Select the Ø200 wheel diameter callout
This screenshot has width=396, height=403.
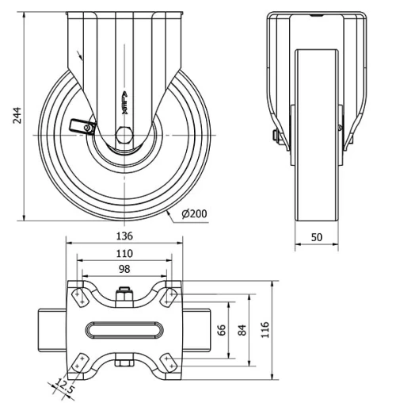pos(194,213)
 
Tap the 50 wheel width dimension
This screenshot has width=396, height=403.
pos(317,236)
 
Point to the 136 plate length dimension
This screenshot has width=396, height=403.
pos(124,236)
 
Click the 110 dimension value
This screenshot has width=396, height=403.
pos(124,253)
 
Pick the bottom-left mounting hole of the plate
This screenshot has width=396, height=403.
pos(80,362)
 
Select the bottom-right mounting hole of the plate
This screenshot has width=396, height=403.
pos(169,362)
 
